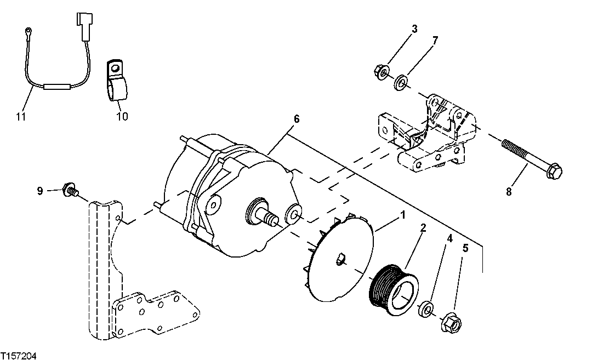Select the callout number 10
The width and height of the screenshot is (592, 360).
(122, 116)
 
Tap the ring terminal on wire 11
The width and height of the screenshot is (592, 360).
(27, 31)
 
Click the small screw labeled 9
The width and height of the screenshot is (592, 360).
(71, 191)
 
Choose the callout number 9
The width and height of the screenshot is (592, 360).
(40, 191)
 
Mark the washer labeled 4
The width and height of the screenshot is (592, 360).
(426, 310)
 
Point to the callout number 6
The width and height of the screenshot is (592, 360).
(297, 119)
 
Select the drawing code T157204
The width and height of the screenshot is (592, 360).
(19, 356)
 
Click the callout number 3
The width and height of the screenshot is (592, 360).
(414, 28)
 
